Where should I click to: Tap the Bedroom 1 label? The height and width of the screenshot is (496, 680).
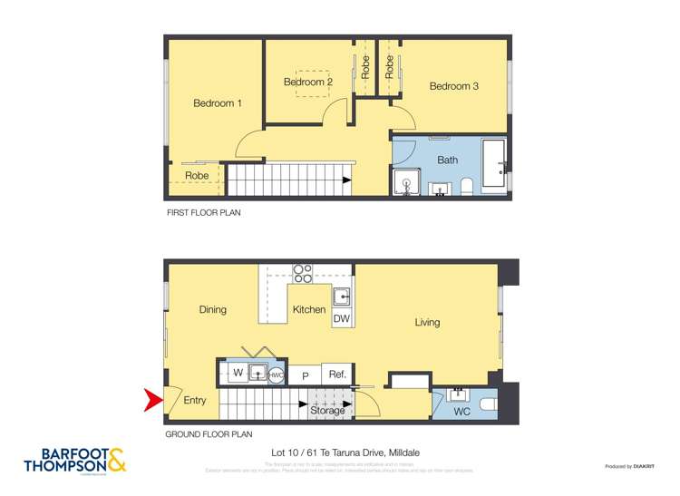click(x=218, y=103)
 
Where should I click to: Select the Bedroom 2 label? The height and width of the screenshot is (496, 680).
click(x=308, y=83)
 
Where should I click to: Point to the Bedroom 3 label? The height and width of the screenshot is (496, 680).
click(x=453, y=87)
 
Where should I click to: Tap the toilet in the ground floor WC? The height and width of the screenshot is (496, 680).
click(x=486, y=404)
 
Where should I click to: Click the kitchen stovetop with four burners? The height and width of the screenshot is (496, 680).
click(x=303, y=273)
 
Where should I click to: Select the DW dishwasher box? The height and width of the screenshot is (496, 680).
click(x=342, y=319)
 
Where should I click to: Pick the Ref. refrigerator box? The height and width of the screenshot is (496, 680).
click(x=337, y=374)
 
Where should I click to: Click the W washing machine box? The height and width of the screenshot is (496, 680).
click(x=238, y=373)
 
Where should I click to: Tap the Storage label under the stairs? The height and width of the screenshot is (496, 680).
click(x=327, y=411)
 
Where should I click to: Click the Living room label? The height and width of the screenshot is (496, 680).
click(x=427, y=322)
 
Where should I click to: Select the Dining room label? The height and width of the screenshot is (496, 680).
click(x=212, y=310)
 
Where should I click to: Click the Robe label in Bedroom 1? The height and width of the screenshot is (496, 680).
click(x=197, y=176)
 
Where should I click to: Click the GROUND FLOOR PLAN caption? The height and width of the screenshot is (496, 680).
click(x=208, y=434)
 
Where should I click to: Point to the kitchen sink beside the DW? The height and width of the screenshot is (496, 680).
click(x=343, y=296)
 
